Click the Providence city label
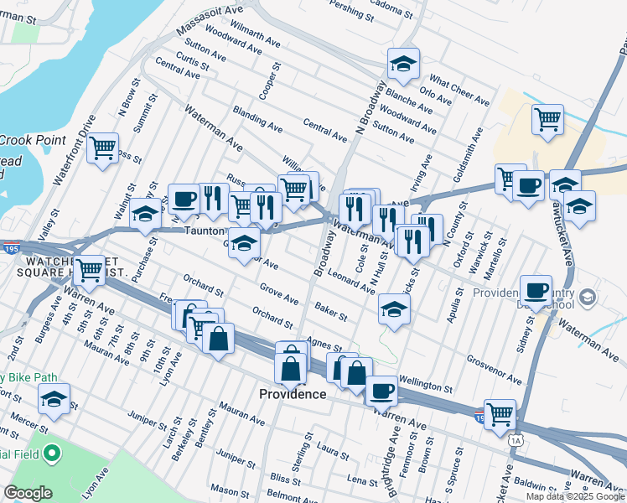tap(292, 394)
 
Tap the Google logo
tap(28, 493)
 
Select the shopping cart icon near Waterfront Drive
tap(103, 148)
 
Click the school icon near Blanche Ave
tap(403, 64)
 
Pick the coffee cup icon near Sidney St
tap(536, 290)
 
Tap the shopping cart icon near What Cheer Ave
tap(547, 119)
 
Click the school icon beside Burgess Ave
tap(54, 399)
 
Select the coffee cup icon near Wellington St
tap(381, 389)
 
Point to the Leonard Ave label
tap(351, 282)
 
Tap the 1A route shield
tap(515, 439)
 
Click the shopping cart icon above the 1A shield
tap(500, 412)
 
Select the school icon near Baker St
tap(394, 309)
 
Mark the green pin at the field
tap(52, 454)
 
